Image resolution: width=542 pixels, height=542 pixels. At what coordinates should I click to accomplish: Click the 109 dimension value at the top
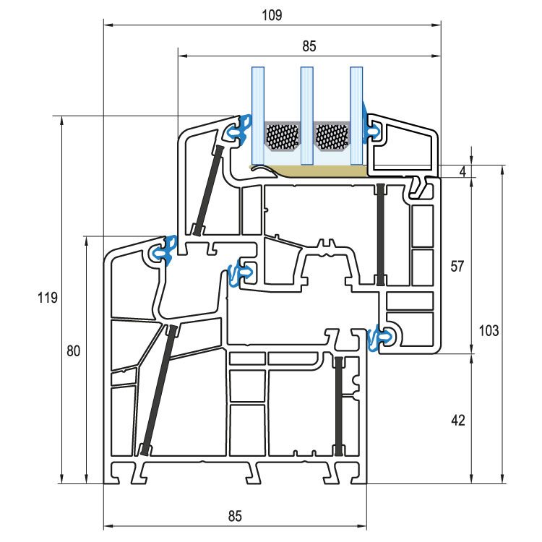pos(272,14)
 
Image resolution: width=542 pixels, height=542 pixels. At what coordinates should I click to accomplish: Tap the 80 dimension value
pos(73,351)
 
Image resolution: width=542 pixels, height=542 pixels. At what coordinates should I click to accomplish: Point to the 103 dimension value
pos(489,330)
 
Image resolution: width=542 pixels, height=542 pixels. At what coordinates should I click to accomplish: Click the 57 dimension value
pos(457,266)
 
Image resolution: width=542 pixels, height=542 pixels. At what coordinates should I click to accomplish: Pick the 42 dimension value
pos(457,420)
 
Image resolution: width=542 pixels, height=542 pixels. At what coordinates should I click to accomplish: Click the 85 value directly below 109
pos(309,46)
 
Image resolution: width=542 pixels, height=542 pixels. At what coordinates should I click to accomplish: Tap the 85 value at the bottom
pos(235,516)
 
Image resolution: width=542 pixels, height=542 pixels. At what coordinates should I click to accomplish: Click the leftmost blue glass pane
pos(258,116)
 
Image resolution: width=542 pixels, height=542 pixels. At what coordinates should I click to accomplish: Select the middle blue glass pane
pos(306,116)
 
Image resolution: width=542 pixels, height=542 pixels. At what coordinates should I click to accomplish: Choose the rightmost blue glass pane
pos(356,116)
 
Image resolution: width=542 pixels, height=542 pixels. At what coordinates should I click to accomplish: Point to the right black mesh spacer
pos(332,137)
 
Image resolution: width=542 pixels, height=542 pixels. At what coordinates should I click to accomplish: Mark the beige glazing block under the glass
pos(318,171)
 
